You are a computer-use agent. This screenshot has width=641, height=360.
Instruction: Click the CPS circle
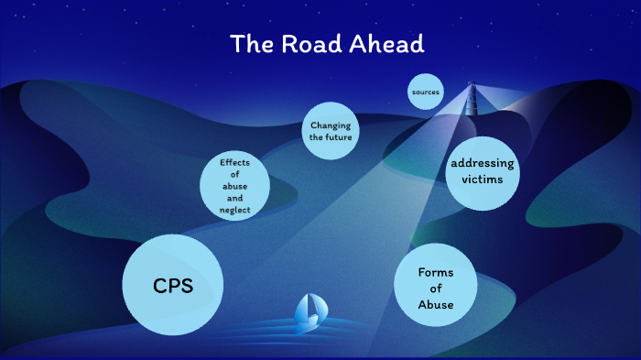(173, 285)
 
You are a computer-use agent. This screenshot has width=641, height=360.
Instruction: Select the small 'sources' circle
(426, 92)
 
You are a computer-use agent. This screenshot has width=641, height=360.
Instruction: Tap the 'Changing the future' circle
(330, 131)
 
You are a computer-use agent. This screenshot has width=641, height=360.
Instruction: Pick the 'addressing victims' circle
(482, 171)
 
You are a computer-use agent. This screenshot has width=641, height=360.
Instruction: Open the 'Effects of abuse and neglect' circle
(235, 186)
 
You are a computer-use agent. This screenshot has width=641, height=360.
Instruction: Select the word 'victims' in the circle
(483, 180)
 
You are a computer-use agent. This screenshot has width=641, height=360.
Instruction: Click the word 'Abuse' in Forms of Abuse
(435, 305)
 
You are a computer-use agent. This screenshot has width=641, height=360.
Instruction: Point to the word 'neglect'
(235, 210)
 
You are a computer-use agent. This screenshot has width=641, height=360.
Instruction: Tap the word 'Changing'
(330, 125)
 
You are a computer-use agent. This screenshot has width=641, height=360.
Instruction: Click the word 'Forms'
(435, 272)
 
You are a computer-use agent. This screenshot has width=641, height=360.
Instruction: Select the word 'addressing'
(483, 163)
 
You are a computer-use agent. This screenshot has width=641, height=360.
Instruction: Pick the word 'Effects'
(235, 162)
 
